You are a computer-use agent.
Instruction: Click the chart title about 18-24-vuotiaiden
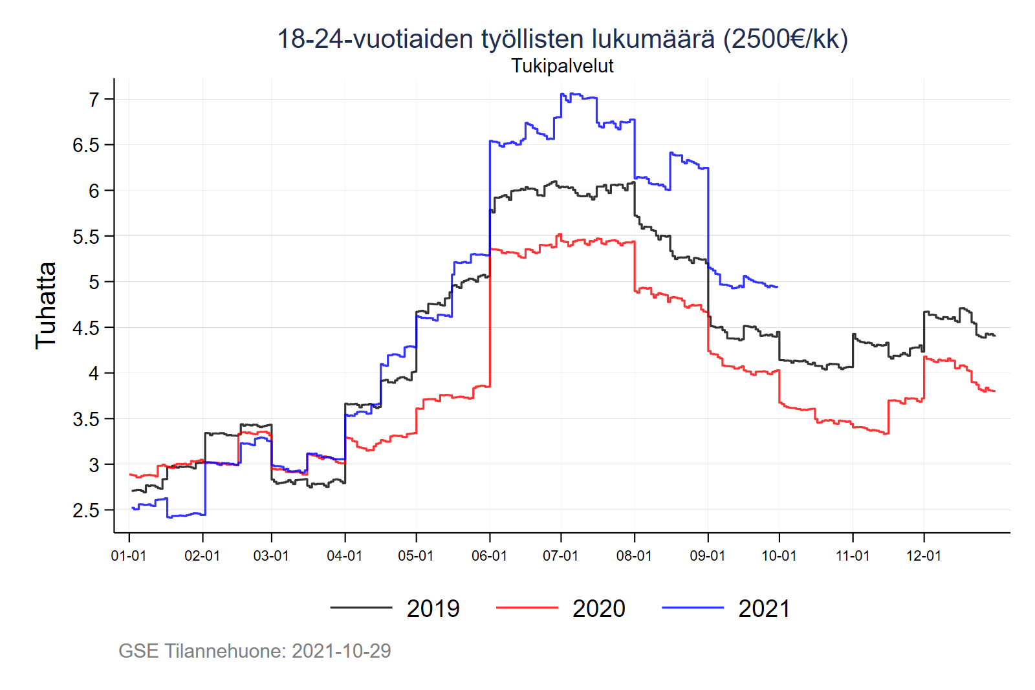(x=562, y=39)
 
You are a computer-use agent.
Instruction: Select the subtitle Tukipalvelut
(x=562, y=66)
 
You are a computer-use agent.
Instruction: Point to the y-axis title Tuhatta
(x=46, y=305)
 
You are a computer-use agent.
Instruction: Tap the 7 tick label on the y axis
(x=94, y=100)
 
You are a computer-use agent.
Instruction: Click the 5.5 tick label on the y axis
(x=86, y=237)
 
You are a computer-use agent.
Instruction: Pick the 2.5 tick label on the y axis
(x=86, y=511)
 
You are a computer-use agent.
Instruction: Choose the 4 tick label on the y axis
(x=94, y=374)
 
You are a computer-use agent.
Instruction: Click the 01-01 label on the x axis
(x=129, y=556)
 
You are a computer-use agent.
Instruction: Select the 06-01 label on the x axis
(x=489, y=556)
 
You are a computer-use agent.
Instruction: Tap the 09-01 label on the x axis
(x=708, y=556)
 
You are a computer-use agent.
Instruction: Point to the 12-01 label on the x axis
(x=923, y=556)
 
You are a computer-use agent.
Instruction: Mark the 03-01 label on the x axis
(x=271, y=556)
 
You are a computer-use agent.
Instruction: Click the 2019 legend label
(x=433, y=609)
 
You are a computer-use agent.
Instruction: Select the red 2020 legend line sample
(x=527, y=608)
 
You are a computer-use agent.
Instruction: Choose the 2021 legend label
(x=764, y=609)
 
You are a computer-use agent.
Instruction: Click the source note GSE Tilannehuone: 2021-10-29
(x=255, y=651)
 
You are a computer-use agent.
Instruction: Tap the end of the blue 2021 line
(x=777, y=286)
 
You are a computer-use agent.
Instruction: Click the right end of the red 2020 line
(x=994, y=391)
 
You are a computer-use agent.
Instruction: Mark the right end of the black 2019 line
(x=994, y=336)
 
